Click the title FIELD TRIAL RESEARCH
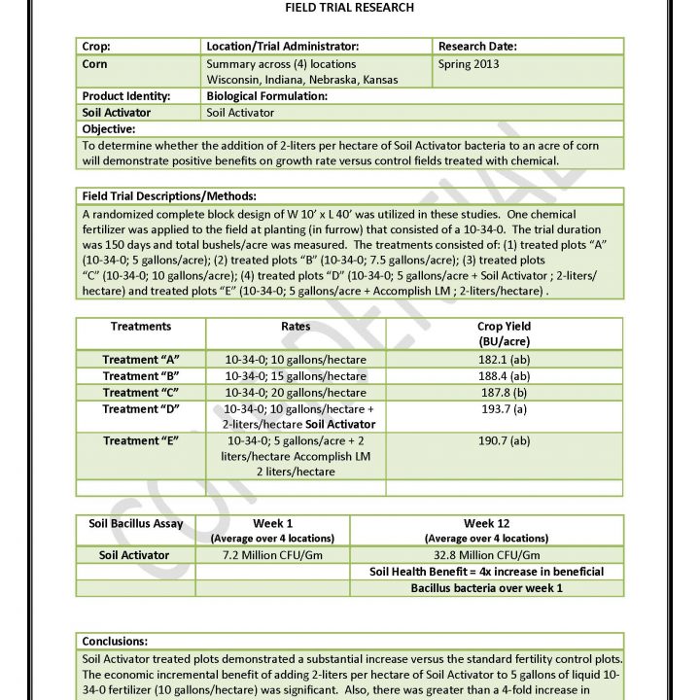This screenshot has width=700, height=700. point(349,8)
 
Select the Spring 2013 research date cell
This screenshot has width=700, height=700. point(470,63)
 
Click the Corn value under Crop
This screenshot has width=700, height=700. point(95,63)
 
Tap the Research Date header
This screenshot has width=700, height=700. point(477,46)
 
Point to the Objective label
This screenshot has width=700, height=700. point(109,129)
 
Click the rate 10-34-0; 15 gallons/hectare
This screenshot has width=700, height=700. point(296,376)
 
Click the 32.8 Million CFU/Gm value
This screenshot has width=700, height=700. point(486,555)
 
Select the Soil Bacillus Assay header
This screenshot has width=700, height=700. point(136,524)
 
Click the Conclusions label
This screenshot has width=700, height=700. point(115,642)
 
